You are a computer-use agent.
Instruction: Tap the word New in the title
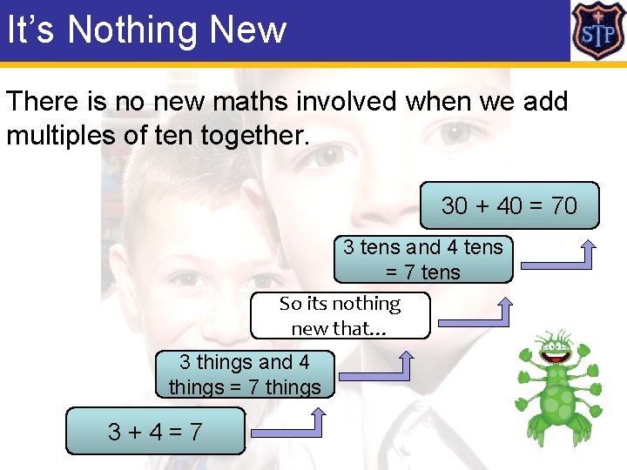248,30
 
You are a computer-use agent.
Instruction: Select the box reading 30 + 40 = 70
509,205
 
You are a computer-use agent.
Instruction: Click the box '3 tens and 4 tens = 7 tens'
423,259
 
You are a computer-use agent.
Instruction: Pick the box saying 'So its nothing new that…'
340,315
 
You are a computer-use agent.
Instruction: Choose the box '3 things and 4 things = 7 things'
245,374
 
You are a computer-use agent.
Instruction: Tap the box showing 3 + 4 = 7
156,431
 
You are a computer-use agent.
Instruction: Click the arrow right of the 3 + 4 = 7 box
288,424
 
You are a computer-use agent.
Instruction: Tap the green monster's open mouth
555,353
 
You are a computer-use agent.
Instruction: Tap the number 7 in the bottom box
195,431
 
